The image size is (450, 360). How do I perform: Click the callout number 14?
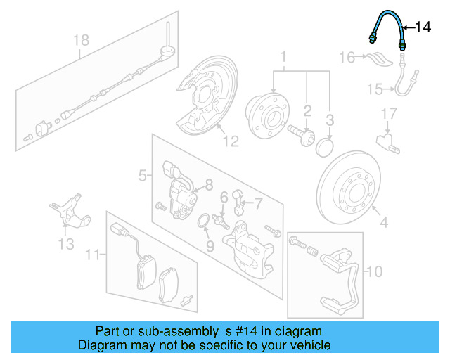422,27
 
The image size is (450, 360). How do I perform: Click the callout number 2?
307,110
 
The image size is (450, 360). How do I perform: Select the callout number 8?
208,186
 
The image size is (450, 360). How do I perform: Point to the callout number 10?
375,271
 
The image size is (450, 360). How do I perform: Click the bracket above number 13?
68,210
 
